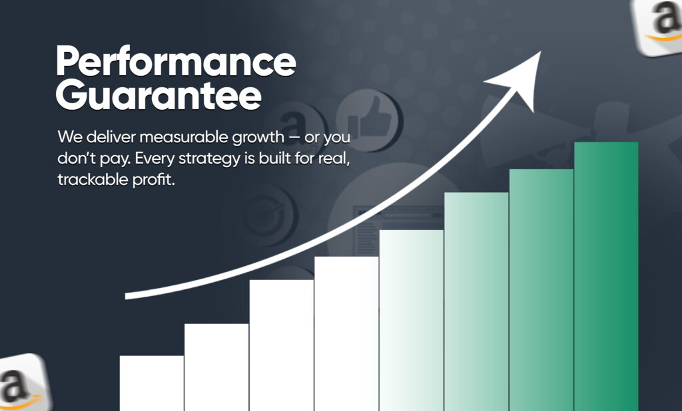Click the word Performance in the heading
pyautogui.click(x=176, y=61)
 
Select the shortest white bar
pyautogui.click(x=151, y=383)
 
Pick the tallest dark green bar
pyautogui.click(x=606, y=276)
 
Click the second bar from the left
pyautogui.click(x=216, y=367)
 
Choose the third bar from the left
pyautogui.click(x=282, y=345)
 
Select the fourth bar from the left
pyautogui.click(x=346, y=334)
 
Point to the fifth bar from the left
pyautogui.click(x=411, y=320)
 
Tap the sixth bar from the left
pyautogui.click(x=476, y=301)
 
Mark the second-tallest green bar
pyautogui.click(x=541, y=290)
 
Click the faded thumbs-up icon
pyautogui.click(x=369, y=120)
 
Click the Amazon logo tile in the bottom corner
pyautogui.click(x=24, y=383)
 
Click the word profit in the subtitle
pyautogui.click(x=154, y=180)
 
